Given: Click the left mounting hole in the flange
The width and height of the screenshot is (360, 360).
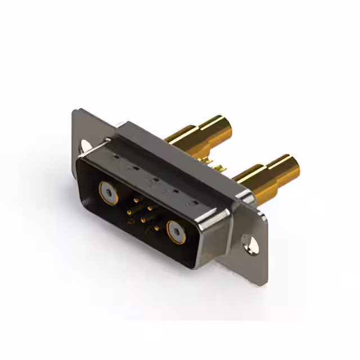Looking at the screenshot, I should (85, 145).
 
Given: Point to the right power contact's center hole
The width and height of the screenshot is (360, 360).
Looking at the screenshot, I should (176, 232).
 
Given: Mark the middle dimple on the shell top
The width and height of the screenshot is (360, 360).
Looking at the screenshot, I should (151, 181).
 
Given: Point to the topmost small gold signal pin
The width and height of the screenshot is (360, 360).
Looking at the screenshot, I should (135, 198).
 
